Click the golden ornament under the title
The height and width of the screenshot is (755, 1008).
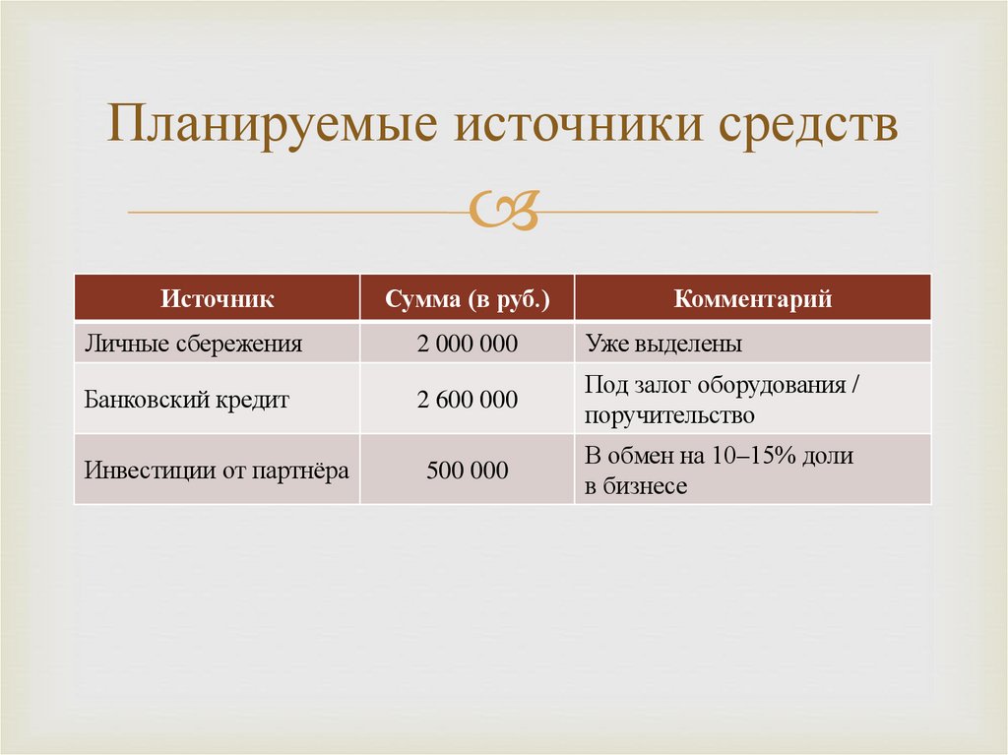coord(505,211)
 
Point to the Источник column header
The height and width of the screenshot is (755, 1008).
coord(218,298)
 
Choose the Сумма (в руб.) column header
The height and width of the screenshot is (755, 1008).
coord(467,298)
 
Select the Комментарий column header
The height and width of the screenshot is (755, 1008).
coord(753,298)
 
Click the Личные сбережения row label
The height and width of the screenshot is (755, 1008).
coord(193,344)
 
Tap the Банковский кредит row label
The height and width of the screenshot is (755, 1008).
coord(187,400)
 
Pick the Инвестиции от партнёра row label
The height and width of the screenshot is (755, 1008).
coord(217,471)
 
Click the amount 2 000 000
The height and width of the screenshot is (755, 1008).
coord(468,344)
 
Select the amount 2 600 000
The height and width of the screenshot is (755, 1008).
coord(468,400)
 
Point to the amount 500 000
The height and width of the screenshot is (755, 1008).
coord(468,471)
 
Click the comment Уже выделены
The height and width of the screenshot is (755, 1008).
coord(663,344)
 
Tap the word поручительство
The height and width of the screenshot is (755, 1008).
coord(669,415)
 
